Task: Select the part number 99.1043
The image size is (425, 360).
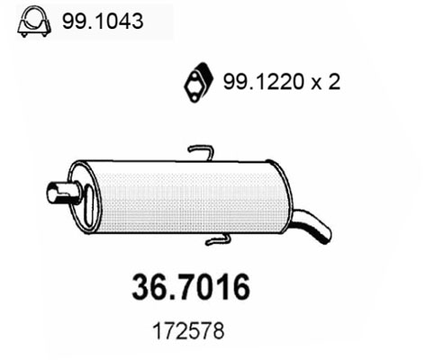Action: tap(103, 21)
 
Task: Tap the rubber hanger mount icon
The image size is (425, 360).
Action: tap(198, 83)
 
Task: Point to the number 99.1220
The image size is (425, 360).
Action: tap(265, 82)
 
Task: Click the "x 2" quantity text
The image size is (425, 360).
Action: tap(326, 82)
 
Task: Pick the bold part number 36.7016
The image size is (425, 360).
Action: tap(191, 287)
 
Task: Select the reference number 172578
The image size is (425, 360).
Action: tap(188, 331)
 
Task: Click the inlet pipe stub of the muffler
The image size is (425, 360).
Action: tap(64, 193)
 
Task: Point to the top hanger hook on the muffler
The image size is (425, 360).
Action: tap(201, 152)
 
